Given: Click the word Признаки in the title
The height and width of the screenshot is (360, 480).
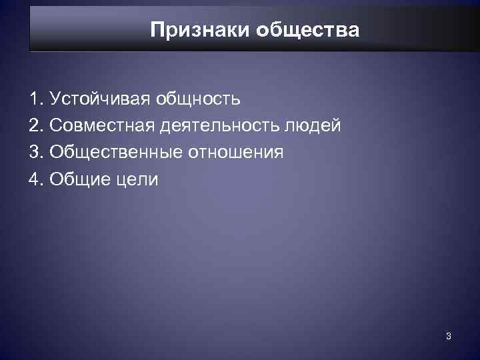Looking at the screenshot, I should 195,31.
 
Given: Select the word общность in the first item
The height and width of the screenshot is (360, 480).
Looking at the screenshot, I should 198,100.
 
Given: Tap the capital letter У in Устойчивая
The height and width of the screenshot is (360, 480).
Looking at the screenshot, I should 55,100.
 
